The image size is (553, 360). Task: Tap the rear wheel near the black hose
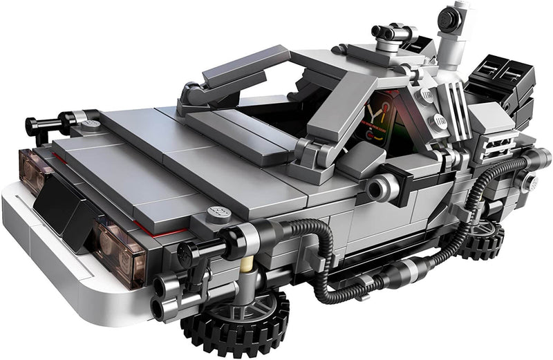pyautogui.click(x=480, y=239)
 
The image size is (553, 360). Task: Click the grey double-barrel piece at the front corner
pyautogui.click(x=166, y=290)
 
